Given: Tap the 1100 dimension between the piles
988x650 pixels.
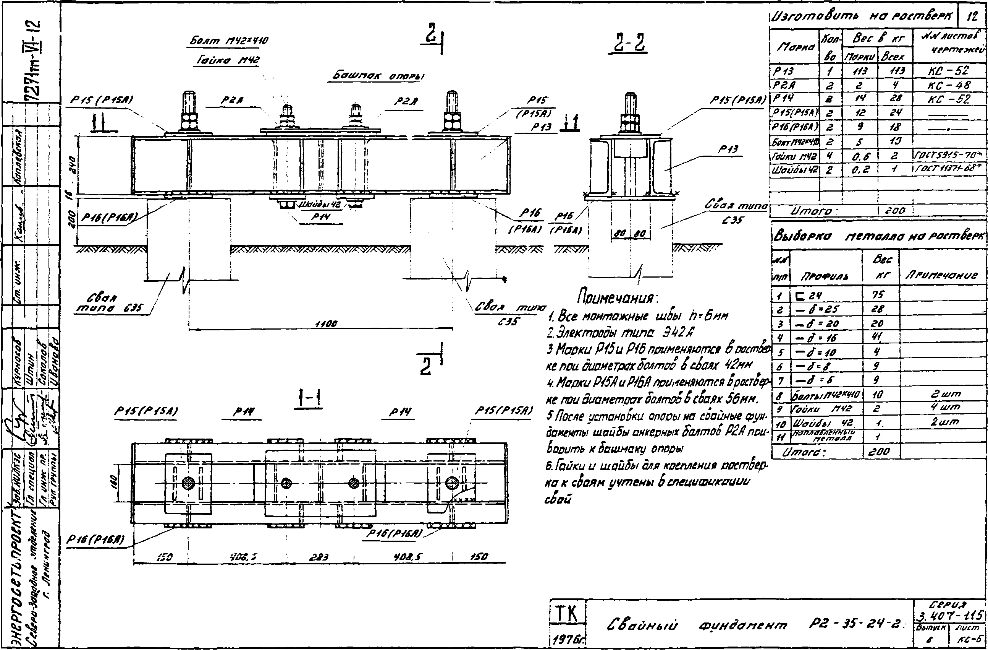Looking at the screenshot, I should [326, 323].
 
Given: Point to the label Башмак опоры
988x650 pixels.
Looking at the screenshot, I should [378, 76].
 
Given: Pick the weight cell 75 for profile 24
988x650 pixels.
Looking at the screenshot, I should [878, 295].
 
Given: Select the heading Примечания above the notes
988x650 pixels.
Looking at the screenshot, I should [617, 297].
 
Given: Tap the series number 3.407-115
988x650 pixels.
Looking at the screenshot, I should [950, 615].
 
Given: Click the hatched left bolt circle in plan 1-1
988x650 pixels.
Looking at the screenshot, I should [188, 483].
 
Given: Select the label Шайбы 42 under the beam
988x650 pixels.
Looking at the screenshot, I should [320, 205].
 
